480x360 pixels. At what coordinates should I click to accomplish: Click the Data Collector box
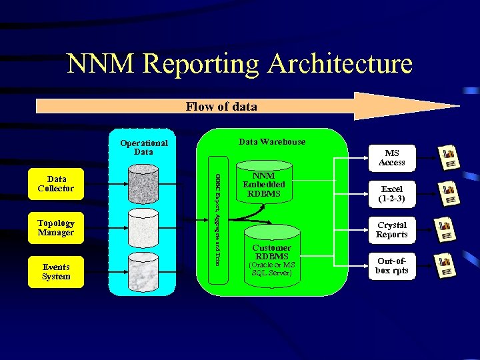(x=56, y=183)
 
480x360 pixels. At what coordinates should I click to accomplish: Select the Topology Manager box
(x=56, y=227)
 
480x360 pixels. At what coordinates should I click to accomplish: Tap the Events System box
(x=56, y=271)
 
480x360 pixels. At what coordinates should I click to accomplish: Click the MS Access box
(x=391, y=157)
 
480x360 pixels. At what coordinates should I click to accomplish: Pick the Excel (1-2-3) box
(x=391, y=193)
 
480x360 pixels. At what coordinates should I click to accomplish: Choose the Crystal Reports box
(x=391, y=229)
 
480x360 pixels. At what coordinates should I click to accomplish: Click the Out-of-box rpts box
(x=391, y=265)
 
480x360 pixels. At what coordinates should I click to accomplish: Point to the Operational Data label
(x=143, y=147)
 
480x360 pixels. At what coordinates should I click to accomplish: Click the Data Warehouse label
(x=272, y=141)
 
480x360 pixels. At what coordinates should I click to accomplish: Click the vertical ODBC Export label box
(x=218, y=219)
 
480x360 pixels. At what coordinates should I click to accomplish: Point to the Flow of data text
(x=221, y=107)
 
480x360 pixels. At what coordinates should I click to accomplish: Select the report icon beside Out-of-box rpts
(x=447, y=265)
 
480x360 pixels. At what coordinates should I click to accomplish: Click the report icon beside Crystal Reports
(x=447, y=229)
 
